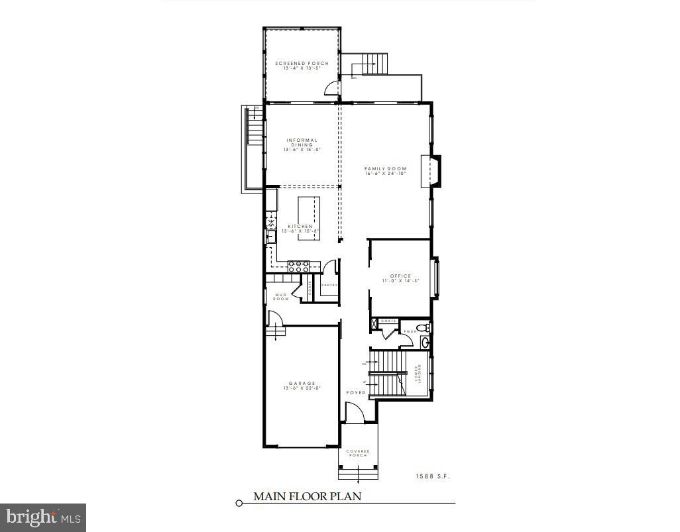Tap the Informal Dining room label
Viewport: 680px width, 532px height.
[302, 144]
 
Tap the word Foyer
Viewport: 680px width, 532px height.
[356, 393]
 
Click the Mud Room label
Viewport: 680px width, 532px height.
[281, 297]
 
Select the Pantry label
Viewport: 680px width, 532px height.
[329, 286]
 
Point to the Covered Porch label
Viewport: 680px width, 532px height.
[358, 453]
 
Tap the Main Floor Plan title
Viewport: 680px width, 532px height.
[308, 496]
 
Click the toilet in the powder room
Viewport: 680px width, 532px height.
[425, 327]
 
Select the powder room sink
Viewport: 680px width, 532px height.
[425, 343]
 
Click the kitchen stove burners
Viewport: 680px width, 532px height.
[299, 266]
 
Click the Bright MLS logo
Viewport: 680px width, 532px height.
[42, 515]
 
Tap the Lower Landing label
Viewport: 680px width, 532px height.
[418, 374]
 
